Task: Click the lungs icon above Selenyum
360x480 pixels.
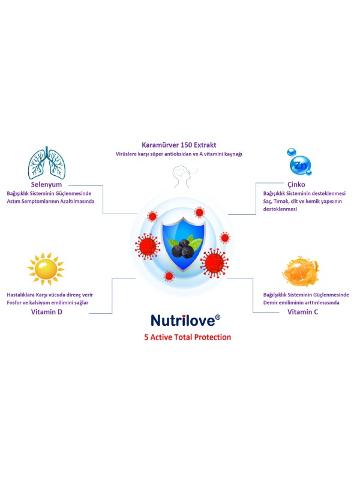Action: [x=47, y=163]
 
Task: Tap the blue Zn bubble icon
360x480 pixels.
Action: [x=299, y=163]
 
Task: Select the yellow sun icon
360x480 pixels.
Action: [x=46, y=269]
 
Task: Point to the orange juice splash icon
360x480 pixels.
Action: [x=301, y=271]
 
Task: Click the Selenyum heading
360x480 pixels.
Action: [x=46, y=185]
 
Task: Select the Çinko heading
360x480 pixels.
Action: [x=296, y=185]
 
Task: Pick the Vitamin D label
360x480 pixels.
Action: [x=47, y=312]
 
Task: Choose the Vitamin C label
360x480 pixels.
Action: [x=302, y=312]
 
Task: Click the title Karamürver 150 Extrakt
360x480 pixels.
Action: [x=179, y=145]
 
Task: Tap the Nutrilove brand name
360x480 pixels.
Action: [x=183, y=320]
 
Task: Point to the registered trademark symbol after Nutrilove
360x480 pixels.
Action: [x=218, y=317]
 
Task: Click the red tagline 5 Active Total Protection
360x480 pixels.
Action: [x=188, y=337]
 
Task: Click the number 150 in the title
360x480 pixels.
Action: [x=187, y=145]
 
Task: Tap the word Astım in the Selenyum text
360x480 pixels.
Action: [x=13, y=202]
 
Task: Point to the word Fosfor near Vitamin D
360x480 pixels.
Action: [x=14, y=303]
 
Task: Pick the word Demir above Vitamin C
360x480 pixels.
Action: [x=271, y=303]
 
